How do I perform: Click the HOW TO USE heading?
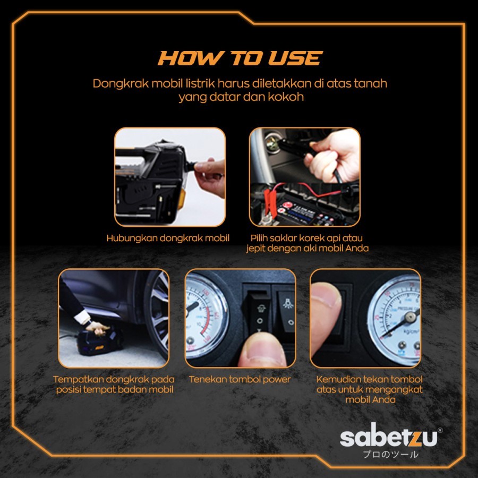point(240,58)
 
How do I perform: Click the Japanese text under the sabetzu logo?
point(390,454)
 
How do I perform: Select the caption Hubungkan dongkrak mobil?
point(168,238)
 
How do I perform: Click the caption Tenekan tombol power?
point(240,380)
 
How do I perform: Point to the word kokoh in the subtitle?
point(286,97)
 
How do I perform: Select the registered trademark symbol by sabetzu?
point(440,430)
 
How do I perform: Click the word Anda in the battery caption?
point(357,249)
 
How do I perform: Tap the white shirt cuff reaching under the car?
point(82,317)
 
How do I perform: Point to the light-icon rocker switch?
point(286,311)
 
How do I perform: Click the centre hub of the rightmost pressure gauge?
point(411,318)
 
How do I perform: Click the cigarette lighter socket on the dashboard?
point(272,142)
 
